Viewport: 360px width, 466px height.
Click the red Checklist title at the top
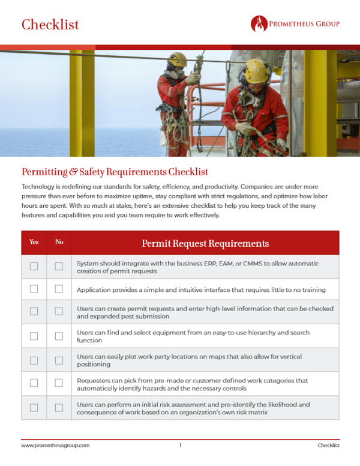click(50, 25)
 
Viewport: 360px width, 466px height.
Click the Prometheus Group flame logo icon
click(259, 24)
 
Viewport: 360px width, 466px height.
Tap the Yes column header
click(34, 242)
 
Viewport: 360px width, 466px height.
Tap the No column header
click(59, 242)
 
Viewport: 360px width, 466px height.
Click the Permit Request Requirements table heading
click(205, 243)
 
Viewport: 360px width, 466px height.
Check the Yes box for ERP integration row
click(34, 266)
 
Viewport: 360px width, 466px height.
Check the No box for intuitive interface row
click(59, 289)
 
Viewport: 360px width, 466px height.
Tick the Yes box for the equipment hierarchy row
click(34, 336)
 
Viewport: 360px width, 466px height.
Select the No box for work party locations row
click(59, 360)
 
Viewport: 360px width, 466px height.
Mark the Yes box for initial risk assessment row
click(34, 408)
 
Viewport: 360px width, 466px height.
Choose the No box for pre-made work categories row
click(59, 383)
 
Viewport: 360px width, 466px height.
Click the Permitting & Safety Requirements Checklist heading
click(115, 172)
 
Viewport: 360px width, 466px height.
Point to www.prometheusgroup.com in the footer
click(55, 445)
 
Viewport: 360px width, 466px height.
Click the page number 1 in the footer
click(180, 445)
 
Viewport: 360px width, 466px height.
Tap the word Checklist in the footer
click(328, 445)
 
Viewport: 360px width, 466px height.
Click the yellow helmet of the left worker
click(177, 59)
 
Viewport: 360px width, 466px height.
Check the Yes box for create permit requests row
click(34, 312)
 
